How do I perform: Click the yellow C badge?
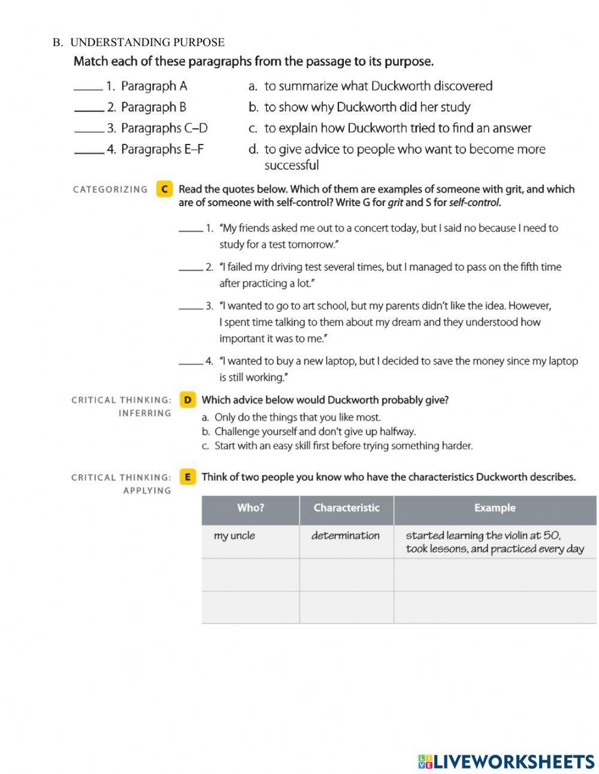[164, 189]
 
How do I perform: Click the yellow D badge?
[187, 400]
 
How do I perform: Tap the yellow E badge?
[187, 477]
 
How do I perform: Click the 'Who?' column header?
[250, 508]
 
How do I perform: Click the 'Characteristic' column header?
[346, 508]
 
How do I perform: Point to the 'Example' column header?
[494, 508]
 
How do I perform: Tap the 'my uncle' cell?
[234, 536]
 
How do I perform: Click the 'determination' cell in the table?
[346, 536]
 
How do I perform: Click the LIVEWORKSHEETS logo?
[506, 761]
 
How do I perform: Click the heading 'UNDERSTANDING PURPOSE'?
[147, 43]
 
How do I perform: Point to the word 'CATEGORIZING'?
[110, 189]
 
